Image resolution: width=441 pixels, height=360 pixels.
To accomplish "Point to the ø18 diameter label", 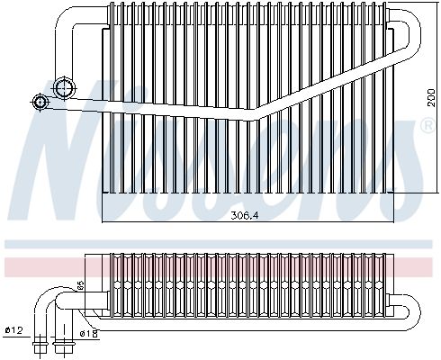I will [87, 334].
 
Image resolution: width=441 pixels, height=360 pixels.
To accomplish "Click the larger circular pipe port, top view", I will [65, 87].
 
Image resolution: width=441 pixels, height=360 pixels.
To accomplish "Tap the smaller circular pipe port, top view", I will [40, 102].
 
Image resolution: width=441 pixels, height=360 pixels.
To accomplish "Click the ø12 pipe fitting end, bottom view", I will [40, 343].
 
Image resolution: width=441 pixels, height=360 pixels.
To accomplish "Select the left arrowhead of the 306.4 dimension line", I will [106, 220].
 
